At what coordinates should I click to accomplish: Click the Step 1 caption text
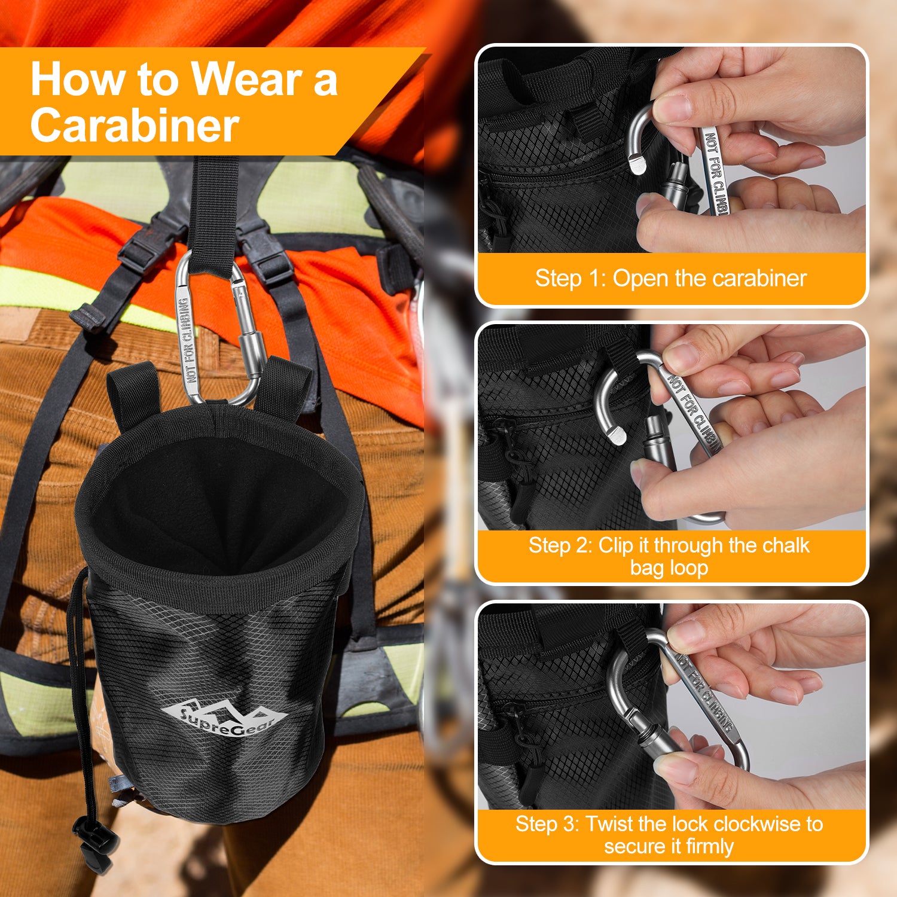pyautogui.click(x=670, y=278)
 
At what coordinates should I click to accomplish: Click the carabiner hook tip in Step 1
pyautogui.click(x=637, y=163)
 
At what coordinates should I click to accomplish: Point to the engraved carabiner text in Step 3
pyautogui.click(x=704, y=692)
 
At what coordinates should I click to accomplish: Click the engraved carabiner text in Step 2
pyautogui.click(x=694, y=413)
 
